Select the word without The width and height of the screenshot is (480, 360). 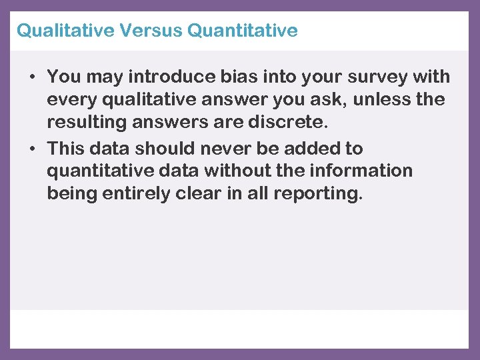237,171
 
